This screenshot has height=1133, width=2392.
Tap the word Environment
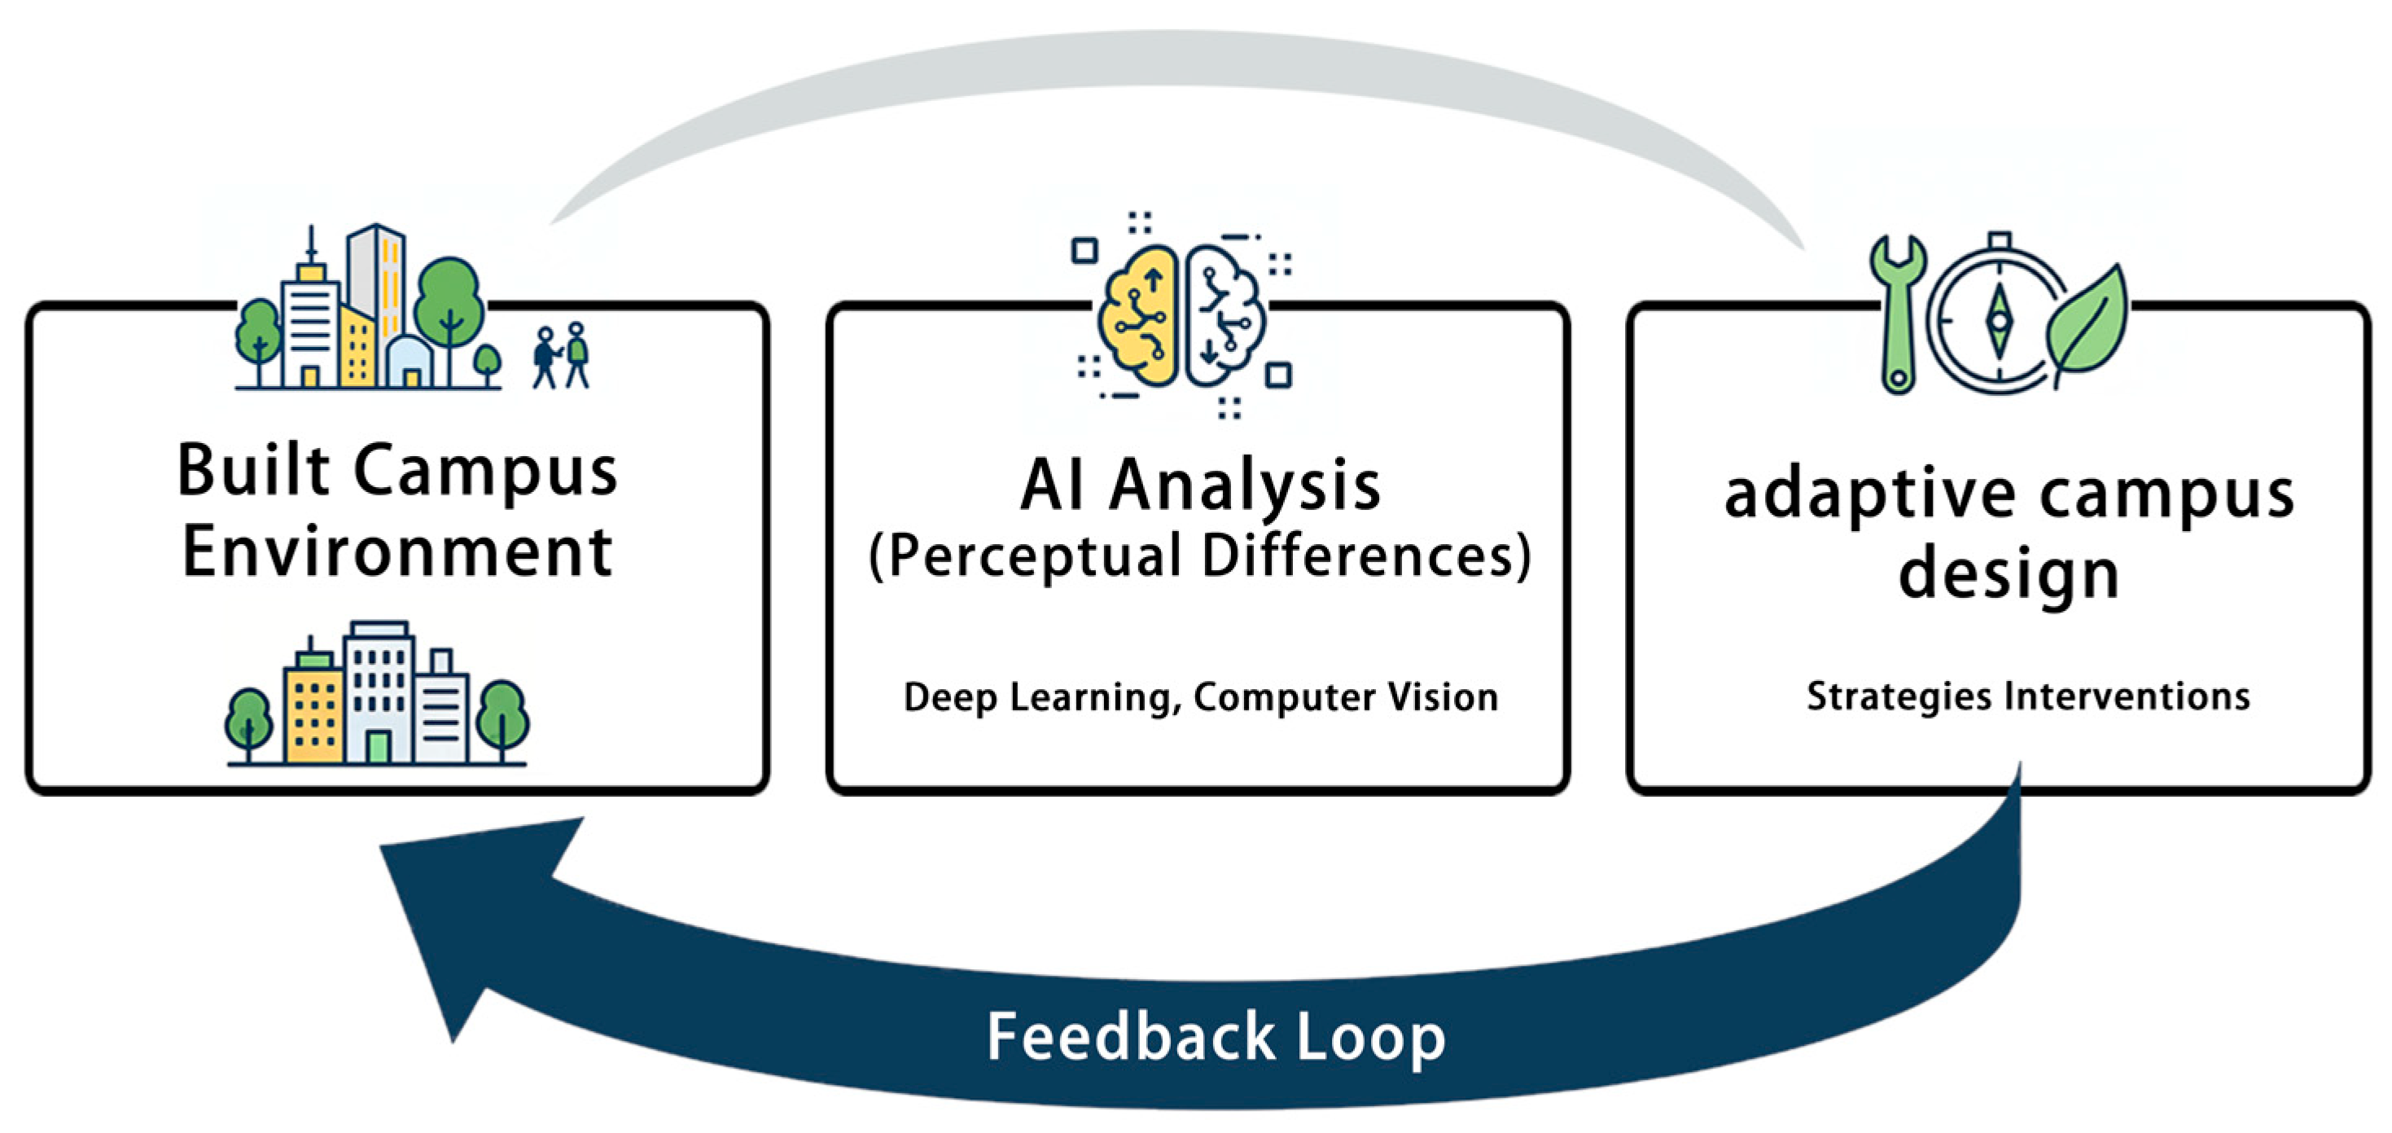coord(396,552)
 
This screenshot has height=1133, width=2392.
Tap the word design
coord(2009,575)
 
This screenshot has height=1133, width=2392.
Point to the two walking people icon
coord(561,355)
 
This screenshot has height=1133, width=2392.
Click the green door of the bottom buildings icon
coord(377,747)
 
